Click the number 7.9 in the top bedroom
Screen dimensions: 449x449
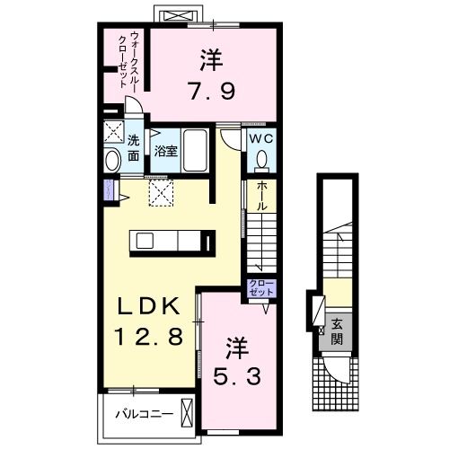212,92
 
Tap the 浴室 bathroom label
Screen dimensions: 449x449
166,151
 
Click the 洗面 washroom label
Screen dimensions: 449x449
133,148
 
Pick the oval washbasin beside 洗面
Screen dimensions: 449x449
113,161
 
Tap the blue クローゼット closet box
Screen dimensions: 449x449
263,288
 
